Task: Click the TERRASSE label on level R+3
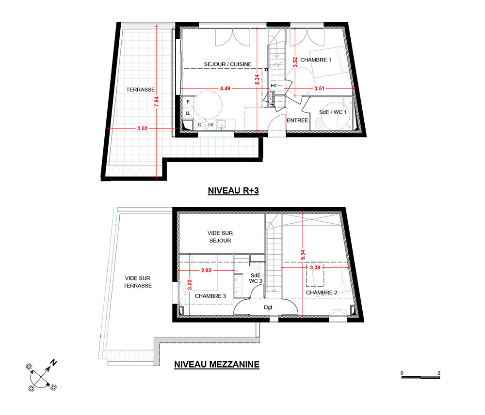[141, 90]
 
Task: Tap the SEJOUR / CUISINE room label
[227, 64]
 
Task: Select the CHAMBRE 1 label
[316, 60]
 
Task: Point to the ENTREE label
[298, 121]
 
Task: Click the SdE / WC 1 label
[333, 112]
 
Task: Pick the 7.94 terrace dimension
[157, 102]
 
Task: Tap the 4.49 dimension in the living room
[225, 89]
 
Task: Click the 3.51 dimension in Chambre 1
[320, 89]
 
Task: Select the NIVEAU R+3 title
[233, 190]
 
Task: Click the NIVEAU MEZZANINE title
[217, 364]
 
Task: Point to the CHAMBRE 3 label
[210, 296]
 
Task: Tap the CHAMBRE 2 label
[322, 292]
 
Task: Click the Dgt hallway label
[268, 307]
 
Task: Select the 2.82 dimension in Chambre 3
[206, 271]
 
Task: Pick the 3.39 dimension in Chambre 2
[315, 267]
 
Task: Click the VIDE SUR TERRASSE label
[138, 282]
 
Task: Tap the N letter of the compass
[53, 363]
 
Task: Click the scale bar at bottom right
[420, 377]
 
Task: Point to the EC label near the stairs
[274, 86]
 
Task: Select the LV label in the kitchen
[211, 125]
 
